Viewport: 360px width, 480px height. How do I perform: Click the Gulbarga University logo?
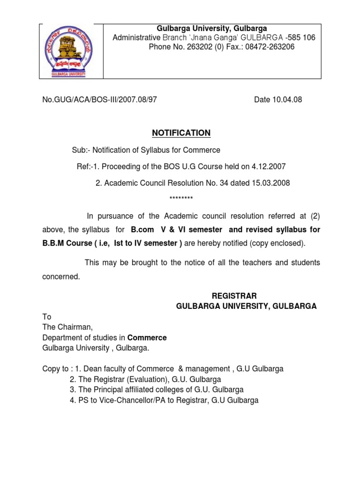click(x=71, y=51)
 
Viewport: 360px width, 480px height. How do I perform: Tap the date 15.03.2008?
click(x=268, y=183)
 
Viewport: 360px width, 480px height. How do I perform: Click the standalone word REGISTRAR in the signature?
click(x=234, y=296)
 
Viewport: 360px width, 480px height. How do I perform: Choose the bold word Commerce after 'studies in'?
click(x=147, y=337)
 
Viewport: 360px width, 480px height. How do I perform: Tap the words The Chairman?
click(x=65, y=327)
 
